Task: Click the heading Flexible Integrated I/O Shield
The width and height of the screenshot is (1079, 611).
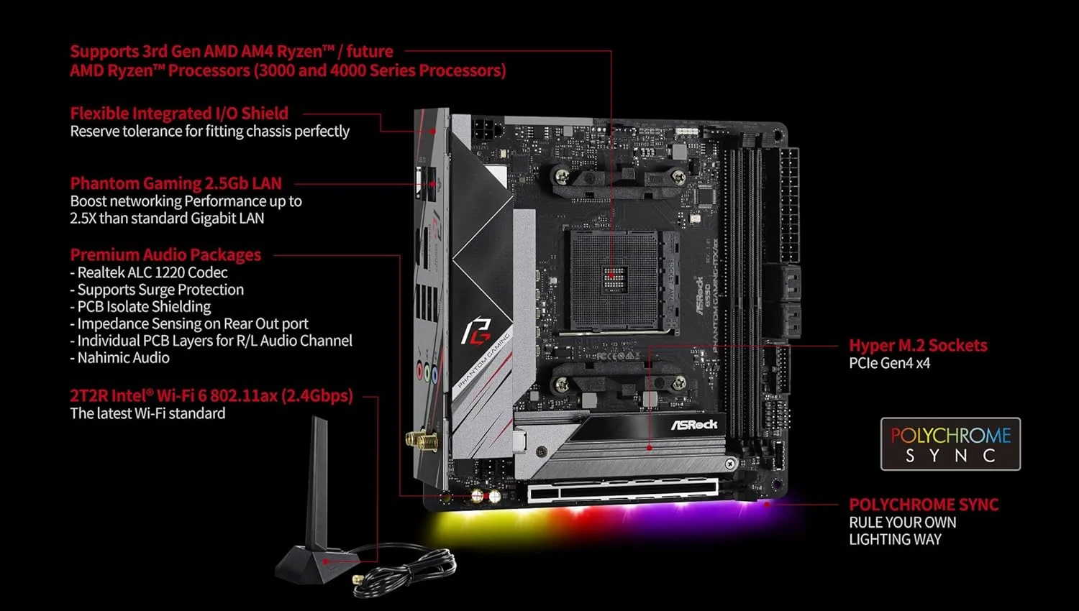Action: click(179, 114)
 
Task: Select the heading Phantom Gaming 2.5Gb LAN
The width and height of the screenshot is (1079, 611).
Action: click(176, 183)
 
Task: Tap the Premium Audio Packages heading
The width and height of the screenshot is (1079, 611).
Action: click(165, 254)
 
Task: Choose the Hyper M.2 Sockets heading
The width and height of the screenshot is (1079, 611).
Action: click(918, 345)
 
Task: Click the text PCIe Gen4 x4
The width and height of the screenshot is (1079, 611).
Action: click(889, 363)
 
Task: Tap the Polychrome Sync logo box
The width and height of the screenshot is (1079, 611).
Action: click(950, 444)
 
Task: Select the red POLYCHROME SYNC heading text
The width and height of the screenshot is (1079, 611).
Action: click(924, 505)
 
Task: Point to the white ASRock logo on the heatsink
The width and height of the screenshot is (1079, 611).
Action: click(694, 425)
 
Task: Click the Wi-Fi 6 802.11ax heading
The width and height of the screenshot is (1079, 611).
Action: click(211, 395)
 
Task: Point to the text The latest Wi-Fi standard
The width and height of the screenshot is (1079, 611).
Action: click(147, 413)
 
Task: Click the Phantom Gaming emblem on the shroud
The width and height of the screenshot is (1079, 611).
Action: click(475, 331)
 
